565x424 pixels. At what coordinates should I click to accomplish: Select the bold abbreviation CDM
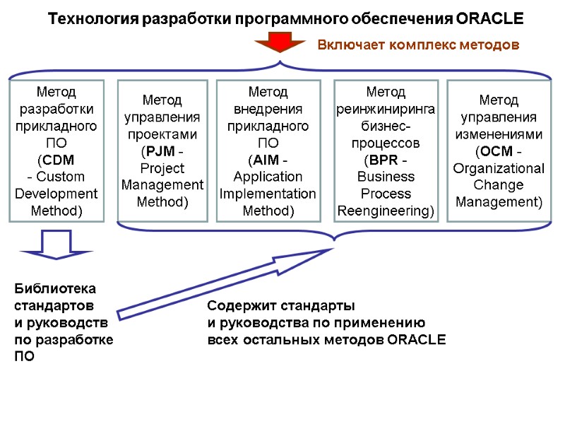pyautogui.click(x=55, y=159)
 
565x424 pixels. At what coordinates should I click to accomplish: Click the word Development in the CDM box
pyautogui.click(x=56, y=194)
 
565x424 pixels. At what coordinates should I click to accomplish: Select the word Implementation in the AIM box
pyautogui.click(x=268, y=194)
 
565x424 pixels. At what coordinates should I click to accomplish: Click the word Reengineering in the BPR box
pyautogui.click(x=386, y=211)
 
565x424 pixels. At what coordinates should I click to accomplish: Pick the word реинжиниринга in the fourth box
pyautogui.click(x=386, y=109)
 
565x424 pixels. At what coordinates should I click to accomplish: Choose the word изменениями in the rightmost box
pyautogui.click(x=499, y=134)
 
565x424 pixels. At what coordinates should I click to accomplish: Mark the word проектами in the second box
pyautogui.click(x=162, y=134)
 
